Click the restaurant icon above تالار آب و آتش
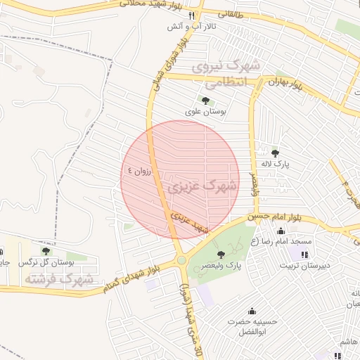click(x=201, y=15)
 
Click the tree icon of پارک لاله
click(x=275, y=153)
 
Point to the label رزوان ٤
click(x=139, y=171)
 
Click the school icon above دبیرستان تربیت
click(x=304, y=254)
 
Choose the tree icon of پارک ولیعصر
click(x=221, y=254)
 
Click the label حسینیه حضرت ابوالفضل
click(x=252, y=326)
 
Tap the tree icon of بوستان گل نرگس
click(x=46, y=251)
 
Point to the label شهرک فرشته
click(x=59, y=278)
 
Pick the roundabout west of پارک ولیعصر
click(x=182, y=260)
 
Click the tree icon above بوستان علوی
click(x=205, y=99)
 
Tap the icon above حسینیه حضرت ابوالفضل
click(x=252, y=311)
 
